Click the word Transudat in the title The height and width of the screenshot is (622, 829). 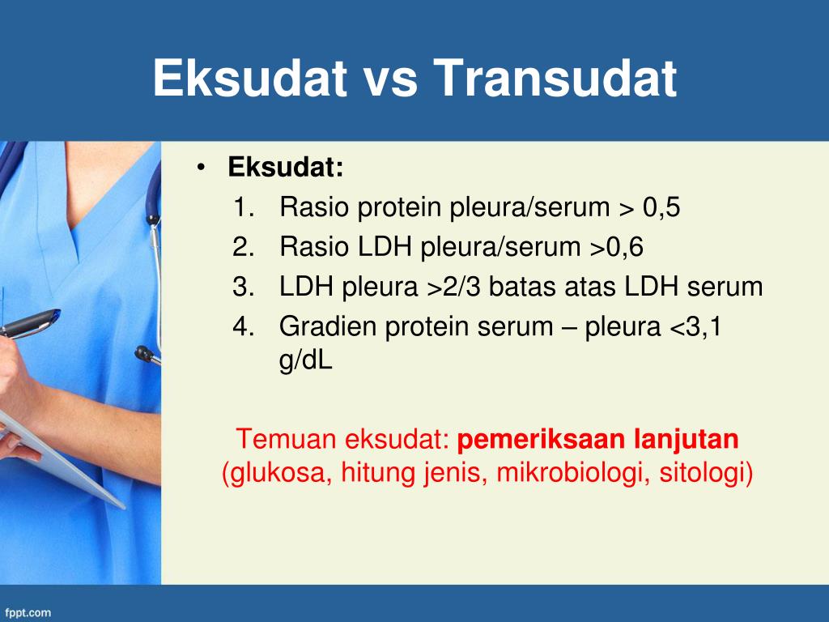(555, 78)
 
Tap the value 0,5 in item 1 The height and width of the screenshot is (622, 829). (661, 207)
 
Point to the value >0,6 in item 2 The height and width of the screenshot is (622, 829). (617, 247)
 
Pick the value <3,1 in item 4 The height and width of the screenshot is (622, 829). (695, 326)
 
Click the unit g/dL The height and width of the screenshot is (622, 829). (305, 360)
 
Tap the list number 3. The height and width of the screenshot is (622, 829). (244, 287)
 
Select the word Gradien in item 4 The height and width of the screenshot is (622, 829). (328, 326)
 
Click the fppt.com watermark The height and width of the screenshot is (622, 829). (28, 613)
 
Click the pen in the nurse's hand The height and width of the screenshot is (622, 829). (30, 323)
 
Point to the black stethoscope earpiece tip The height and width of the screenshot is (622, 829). (143, 353)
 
